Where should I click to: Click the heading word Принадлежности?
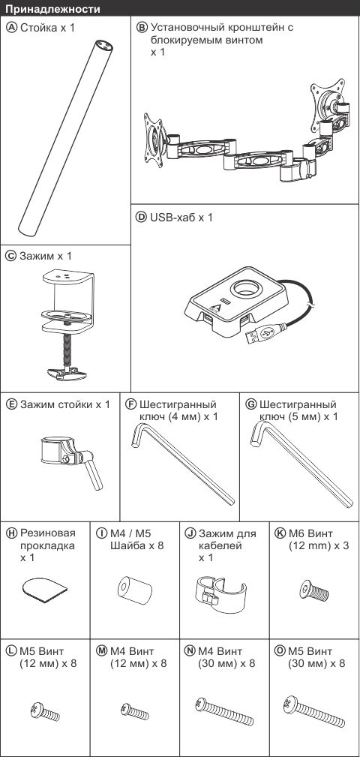point(53,8)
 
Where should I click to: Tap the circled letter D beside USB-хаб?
point(142,218)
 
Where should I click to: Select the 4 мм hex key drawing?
point(182,464)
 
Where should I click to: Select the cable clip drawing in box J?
point(222,593)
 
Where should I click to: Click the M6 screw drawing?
point(313,590)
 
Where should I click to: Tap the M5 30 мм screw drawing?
point(314,711)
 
